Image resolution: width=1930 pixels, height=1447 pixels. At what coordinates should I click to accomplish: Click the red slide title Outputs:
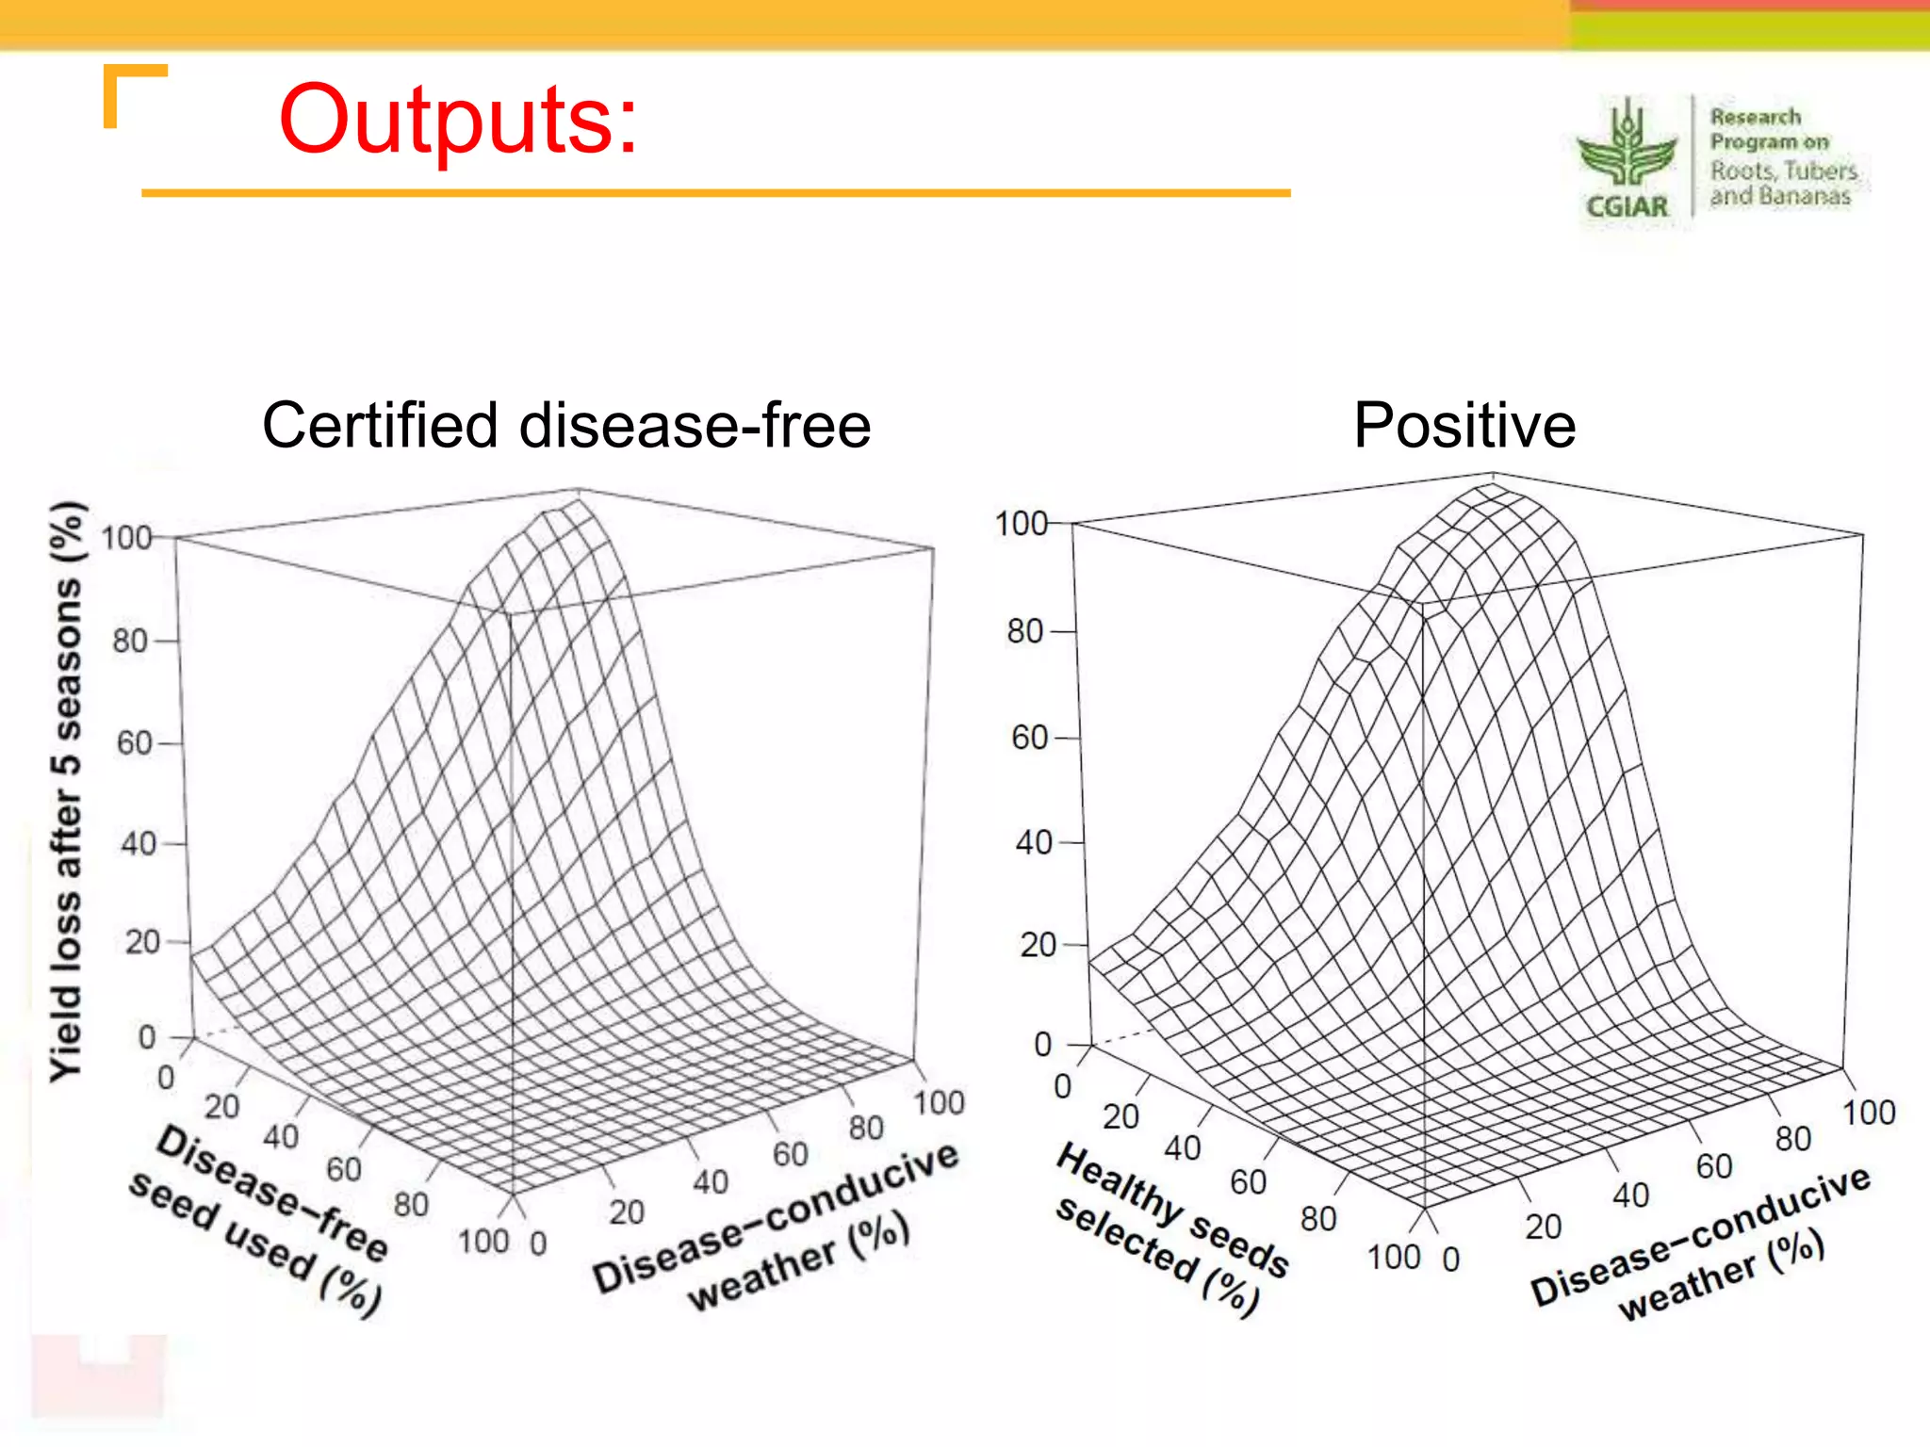pos(458,121)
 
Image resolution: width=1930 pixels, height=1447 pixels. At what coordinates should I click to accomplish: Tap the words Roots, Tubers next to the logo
pos(1783,171)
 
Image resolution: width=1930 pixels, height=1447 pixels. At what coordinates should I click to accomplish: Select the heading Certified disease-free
pos(566,425)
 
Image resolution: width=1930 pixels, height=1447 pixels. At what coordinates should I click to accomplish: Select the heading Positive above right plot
pos(1464,425)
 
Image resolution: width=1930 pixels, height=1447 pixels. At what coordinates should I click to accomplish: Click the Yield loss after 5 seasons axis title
pos(67,791)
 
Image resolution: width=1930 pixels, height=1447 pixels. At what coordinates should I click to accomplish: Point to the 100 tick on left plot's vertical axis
pos(126,538)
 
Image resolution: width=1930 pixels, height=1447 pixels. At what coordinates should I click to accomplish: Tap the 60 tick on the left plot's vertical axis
pos(134,743)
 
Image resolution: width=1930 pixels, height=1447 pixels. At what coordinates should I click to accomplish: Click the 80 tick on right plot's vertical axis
pos(1025,631)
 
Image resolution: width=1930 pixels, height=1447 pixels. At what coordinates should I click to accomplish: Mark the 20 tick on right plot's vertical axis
pos(1038,945)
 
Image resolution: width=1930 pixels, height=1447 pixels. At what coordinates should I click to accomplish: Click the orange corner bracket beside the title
pos(132,89)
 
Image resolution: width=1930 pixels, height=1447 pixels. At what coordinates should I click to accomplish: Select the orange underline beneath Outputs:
pos(716,193)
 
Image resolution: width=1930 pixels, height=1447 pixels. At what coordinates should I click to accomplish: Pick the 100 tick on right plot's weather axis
pos(1869,1113)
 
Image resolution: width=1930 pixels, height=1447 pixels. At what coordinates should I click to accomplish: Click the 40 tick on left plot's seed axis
pos(281,1137)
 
